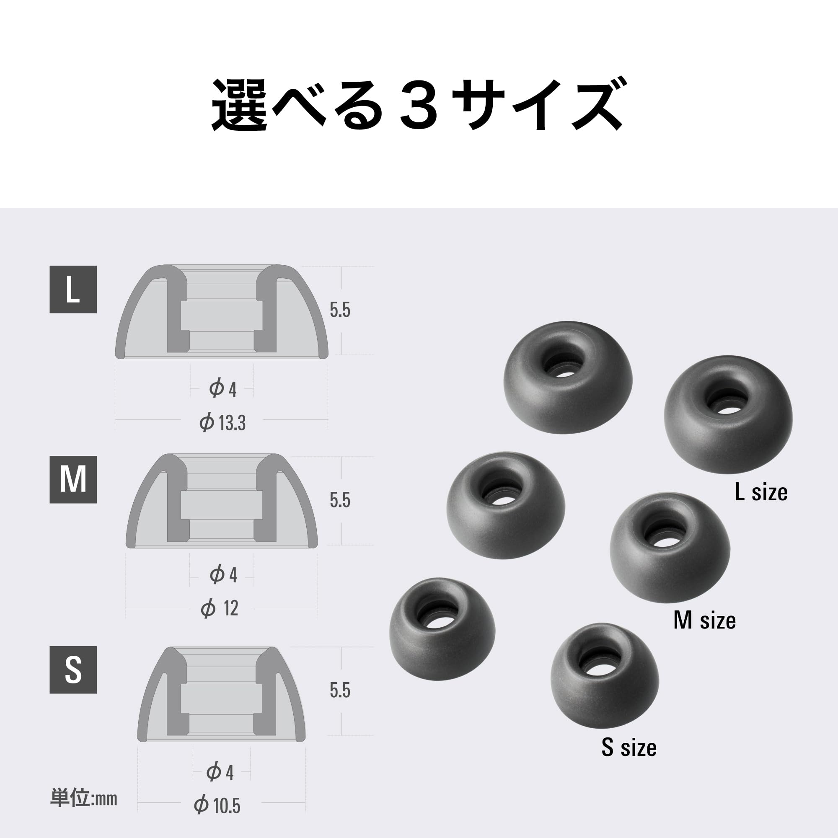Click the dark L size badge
(x=73, y=289)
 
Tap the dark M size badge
(x=73, y=479)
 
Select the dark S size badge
(x=73, y=670)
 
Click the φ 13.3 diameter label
(x=222, y=422)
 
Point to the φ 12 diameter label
(x=220, y=608)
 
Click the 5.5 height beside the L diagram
(x=340, y=310)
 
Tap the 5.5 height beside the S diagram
(x=340, y=690)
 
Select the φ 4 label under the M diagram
(x=223, y=575)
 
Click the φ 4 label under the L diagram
(x=222, y=389)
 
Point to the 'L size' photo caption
(x=761, y=492)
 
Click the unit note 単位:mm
(x=84, y=798)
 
